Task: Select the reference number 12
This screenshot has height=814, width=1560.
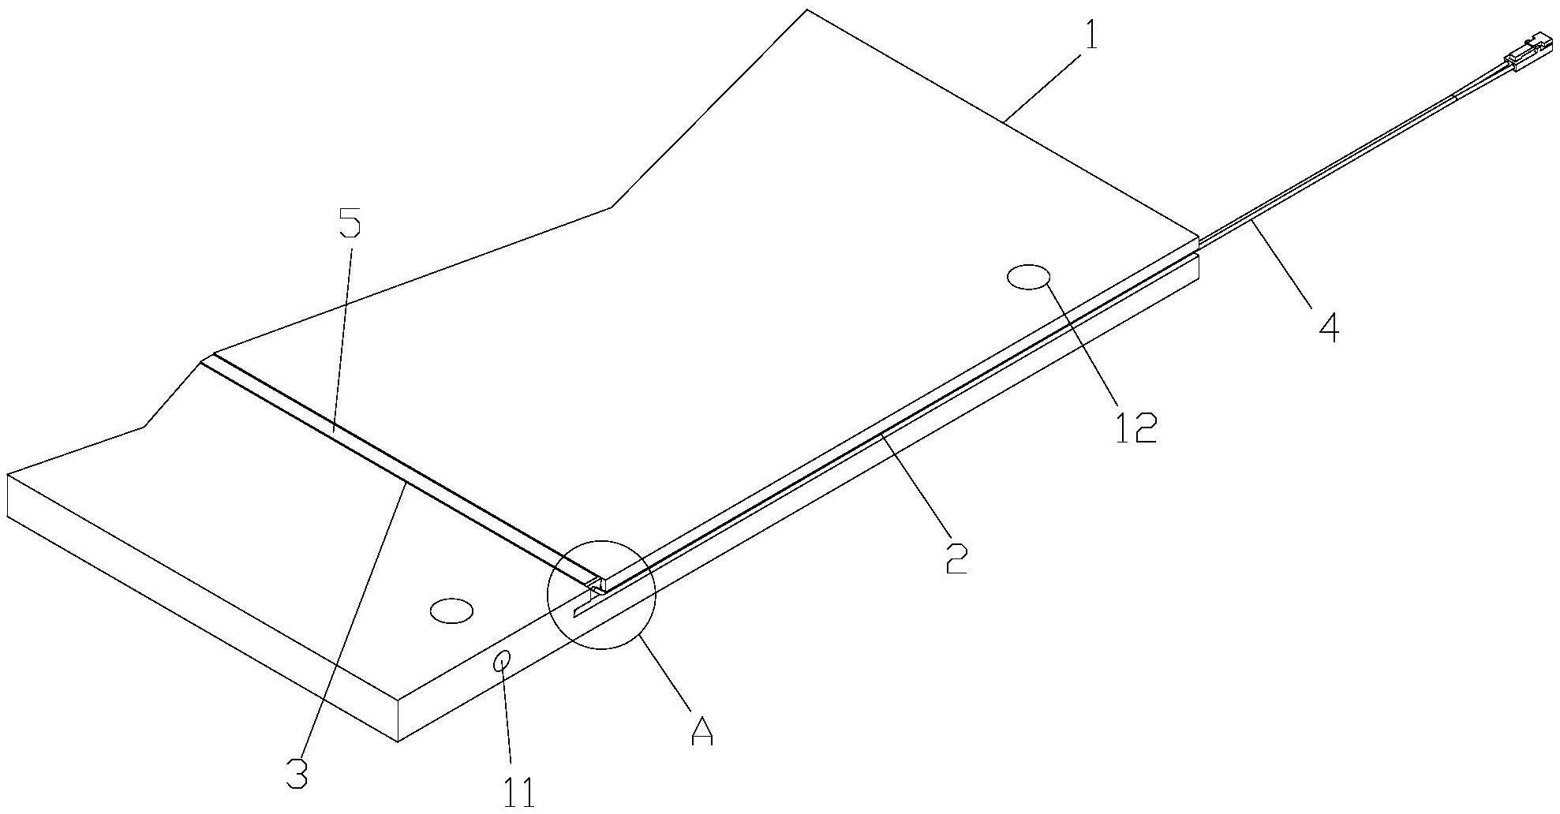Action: (x=1135, y=427)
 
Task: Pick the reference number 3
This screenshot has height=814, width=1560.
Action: (x=296, y=775)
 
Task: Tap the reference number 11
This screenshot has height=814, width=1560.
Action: (x=519, y=793)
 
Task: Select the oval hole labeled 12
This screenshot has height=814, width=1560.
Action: (x=1028, y=278)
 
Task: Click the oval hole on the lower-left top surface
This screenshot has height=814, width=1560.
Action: (x=451, y=610)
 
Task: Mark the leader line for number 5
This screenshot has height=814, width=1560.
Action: (x=342, y=336)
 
